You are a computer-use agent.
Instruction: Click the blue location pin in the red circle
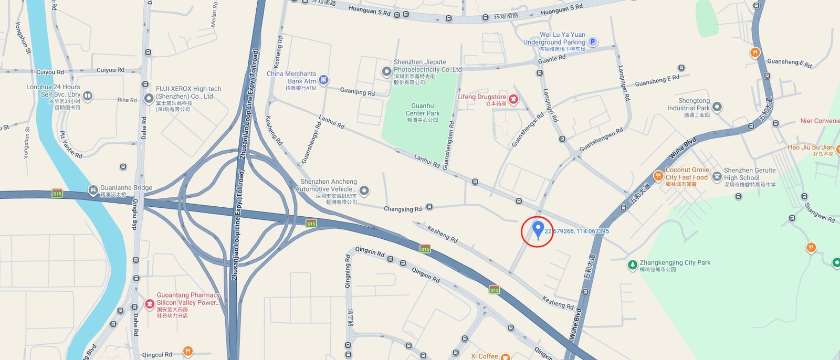point(537,229)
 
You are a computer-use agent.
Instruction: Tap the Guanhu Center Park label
point(422,110)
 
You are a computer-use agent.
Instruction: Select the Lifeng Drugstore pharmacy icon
point(513,99)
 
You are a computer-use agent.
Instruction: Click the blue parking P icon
point(593,41)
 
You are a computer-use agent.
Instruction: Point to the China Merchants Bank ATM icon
point(323,80)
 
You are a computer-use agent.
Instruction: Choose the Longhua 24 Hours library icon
point(88,96)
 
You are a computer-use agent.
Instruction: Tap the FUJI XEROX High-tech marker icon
point(149,98)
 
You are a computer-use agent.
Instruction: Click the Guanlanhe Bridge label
point(126,188)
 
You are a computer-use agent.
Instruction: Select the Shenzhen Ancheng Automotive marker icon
point(364,190)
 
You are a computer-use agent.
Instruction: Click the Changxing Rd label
point(402,209)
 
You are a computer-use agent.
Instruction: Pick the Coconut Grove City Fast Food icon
point(658,176)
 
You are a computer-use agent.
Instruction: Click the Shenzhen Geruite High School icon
point(717,177)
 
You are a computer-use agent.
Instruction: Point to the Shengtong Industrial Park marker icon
point(717,107)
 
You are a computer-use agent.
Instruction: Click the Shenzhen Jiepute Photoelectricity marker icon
point(386,71)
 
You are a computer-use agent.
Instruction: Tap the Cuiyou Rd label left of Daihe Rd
point(50,72)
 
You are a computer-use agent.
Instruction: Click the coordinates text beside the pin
point(576,231)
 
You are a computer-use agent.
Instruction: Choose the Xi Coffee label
point(485,356)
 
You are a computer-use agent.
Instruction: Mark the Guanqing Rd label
point(357,92)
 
